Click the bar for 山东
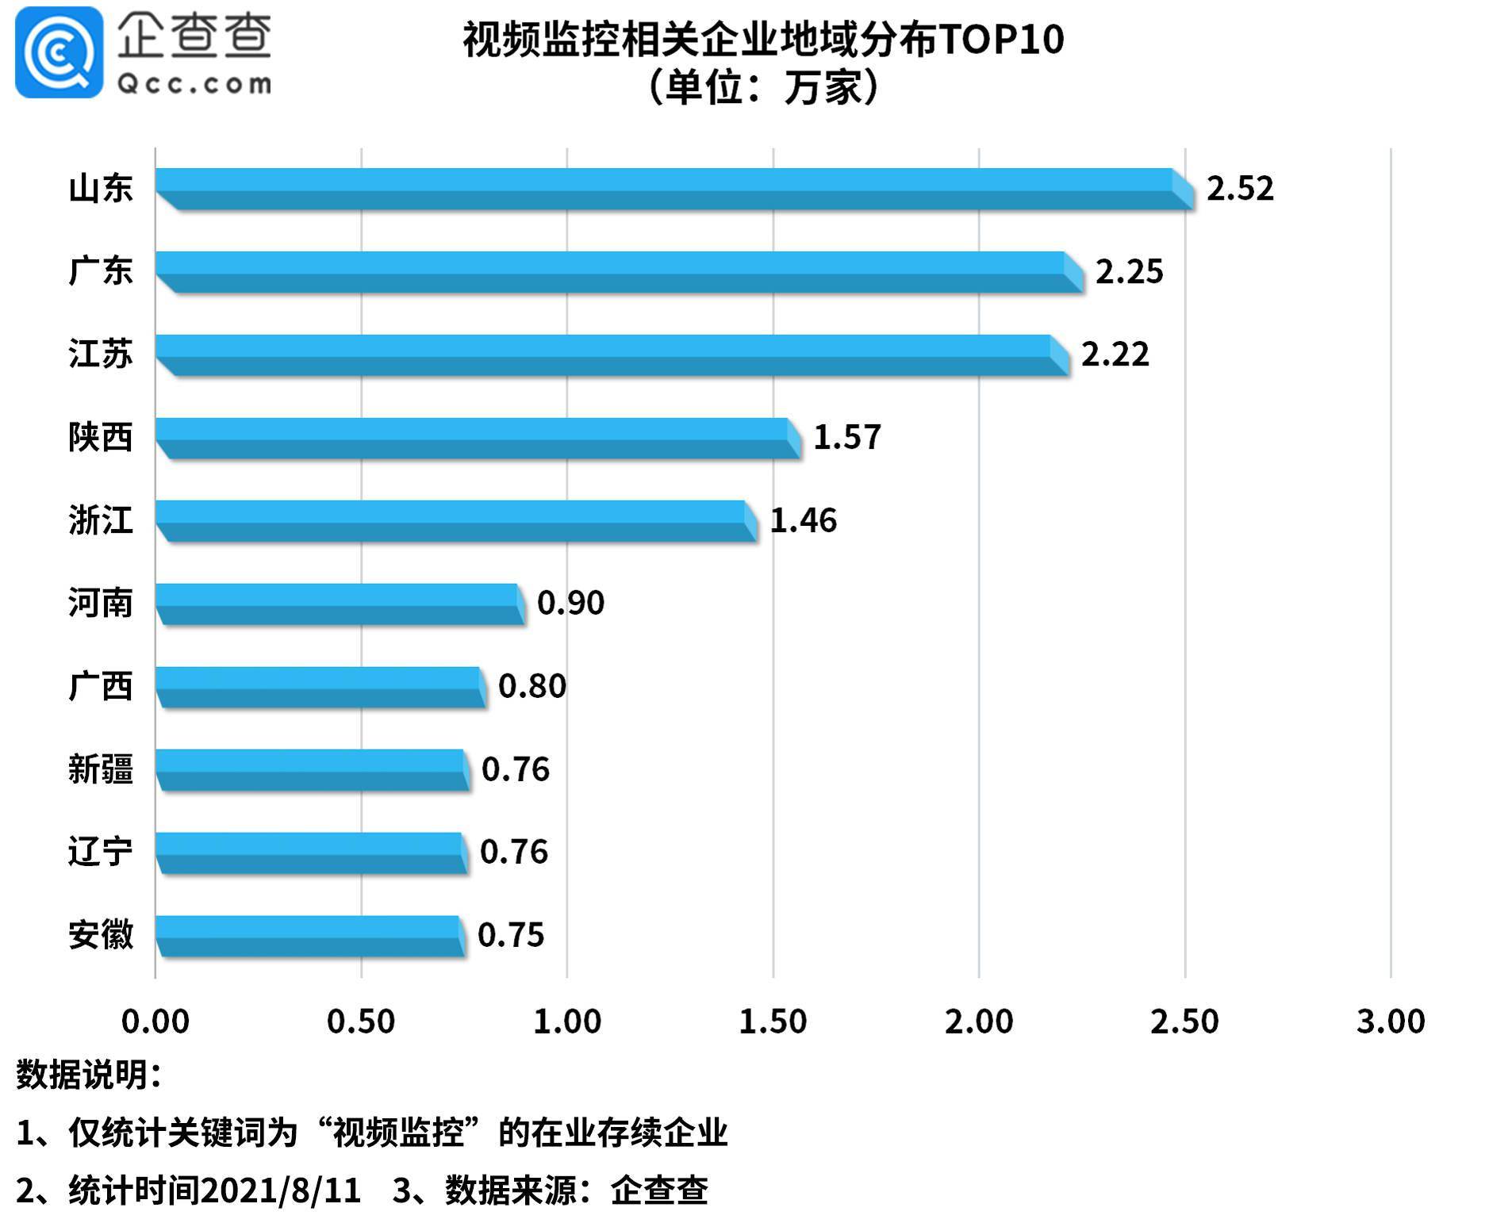point(666,189)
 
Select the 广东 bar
point(611,272)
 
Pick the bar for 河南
point(337,604)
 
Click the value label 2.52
point(1240,189)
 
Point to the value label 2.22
point(1115,355)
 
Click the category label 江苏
point(100,354)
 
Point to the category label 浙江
point(100,520)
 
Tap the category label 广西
point(100,686)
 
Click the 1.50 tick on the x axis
point(773,1022)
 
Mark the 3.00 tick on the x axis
point(1391,1022)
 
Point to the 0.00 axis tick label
point(155,1022)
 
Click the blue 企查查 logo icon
point(59,52)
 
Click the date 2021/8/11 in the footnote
point(280,1190)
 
